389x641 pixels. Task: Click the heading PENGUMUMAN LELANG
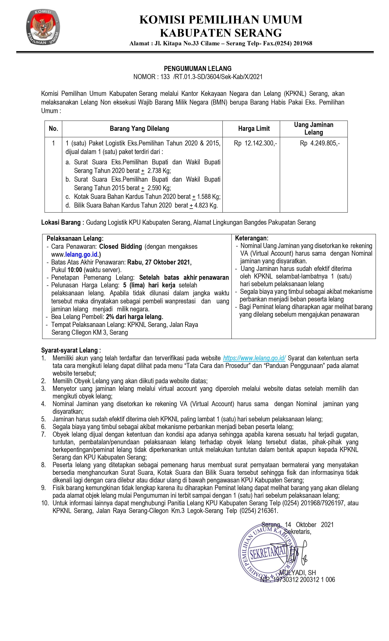198,69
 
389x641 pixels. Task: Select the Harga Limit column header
254,129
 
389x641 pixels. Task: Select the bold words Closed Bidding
121,246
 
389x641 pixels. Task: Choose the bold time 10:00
75,270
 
